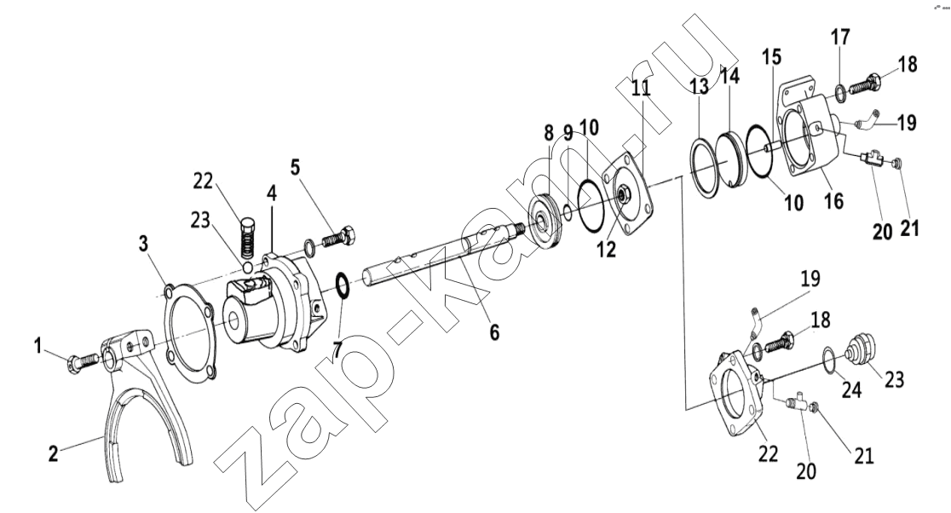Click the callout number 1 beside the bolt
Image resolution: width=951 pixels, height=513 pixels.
(x=38, y=347)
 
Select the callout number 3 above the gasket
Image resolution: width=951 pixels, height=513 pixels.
(x=143, y=244)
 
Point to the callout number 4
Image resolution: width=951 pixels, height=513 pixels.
(x=271, y=194)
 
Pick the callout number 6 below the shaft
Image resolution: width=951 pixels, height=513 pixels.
(x=495, y=331)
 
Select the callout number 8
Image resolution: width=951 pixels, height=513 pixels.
(x=549, y=133)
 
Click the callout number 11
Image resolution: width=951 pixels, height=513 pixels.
(x=641, y=88)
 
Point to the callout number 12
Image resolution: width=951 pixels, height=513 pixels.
(x=607, y=249)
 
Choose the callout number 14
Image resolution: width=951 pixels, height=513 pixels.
(x=729, y=76)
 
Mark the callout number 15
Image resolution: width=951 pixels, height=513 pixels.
(x=772, y=57)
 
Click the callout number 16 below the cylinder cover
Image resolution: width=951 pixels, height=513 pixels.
(x=834, y=200)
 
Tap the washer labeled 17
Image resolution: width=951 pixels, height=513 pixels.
(x=839, y=93)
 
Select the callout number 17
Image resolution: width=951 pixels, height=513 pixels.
(x=840, y=37)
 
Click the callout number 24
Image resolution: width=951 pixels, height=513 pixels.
(x=851, y=390)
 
